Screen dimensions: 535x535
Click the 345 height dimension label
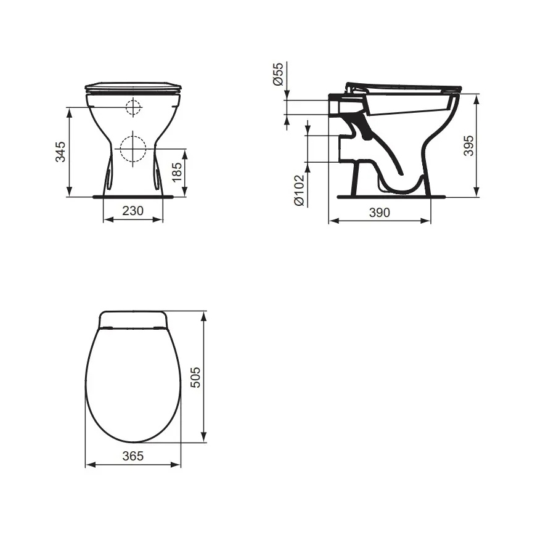(x=60, y=152)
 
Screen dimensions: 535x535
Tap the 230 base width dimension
(x=133, y=211)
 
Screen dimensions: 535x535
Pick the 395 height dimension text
(x=469, y=145)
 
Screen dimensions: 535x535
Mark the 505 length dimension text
(x=195, y=376)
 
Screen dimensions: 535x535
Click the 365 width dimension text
(x=133, y=456)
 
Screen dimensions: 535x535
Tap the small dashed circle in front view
(x=133, y=108)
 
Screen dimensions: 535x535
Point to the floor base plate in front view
(x=133, y=197)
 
